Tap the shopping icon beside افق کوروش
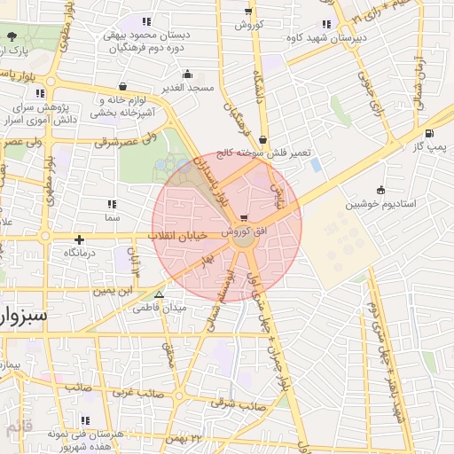[244, 217]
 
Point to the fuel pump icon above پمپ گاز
[430, 134]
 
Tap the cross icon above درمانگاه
[80, 239]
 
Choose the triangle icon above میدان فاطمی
[160, 295]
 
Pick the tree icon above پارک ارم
[12, 37]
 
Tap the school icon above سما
[112, 204]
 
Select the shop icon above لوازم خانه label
[121, 87]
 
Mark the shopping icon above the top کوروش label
[247, 12]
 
